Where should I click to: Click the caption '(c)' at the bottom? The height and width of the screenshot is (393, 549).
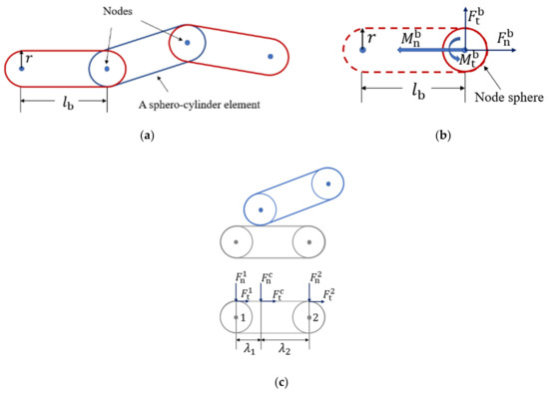[x=274, y=379]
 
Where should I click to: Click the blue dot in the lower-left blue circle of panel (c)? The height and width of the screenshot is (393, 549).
[x=261, y=209]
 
